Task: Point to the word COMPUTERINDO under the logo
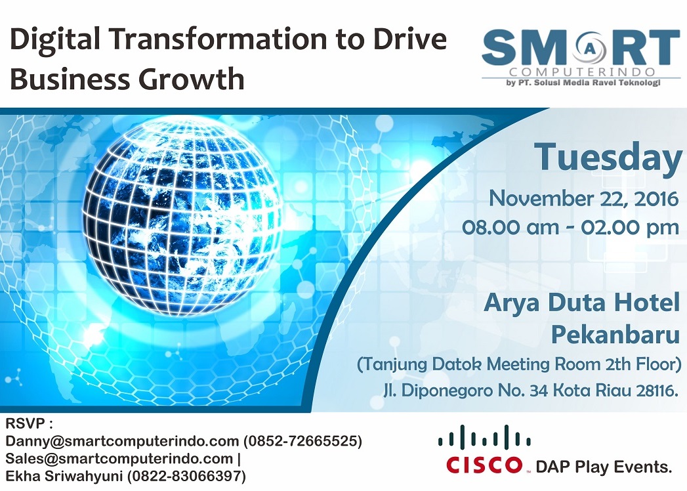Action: [x=582, y=72]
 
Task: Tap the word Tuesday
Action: [x=608, y=158]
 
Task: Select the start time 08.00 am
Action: [x=510, y=228]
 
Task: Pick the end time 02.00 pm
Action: [x=630, y=228]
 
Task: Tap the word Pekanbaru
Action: [x=615, y=335]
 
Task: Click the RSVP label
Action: [x=26, y=423]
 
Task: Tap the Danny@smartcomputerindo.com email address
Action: [x=122, y=441]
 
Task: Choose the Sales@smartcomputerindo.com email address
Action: [x=119, y=459]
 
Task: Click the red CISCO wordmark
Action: [x=485, y=465]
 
